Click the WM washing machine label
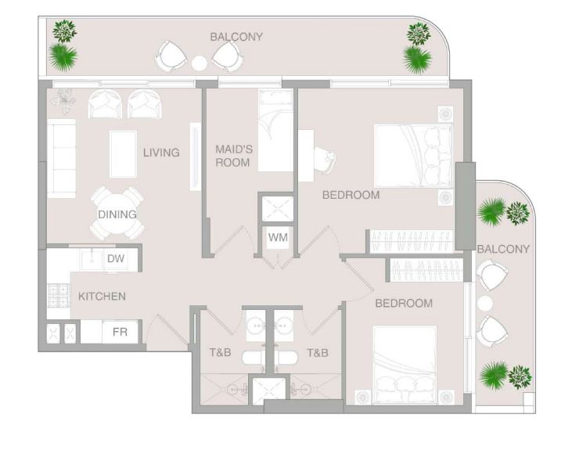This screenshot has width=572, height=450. (278, 238)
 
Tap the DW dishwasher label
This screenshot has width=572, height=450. (116, 258)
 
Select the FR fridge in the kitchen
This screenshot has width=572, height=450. (120, 332)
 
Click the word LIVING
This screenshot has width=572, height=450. (161, 152)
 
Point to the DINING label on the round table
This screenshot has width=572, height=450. (117, 214)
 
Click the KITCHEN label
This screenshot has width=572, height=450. (103, 297)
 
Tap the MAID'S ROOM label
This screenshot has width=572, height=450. (234, 156)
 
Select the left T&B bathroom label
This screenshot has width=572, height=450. (221, 352)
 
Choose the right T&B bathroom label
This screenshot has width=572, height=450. (318, 352)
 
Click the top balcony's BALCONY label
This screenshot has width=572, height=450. (236, 37)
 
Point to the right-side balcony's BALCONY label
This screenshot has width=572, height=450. (503, 250)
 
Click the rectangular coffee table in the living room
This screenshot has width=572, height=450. (123, 154)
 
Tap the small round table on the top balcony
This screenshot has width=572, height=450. (200, 63)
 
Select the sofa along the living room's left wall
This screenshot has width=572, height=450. (61, 158)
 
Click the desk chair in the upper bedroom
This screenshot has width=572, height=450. (325, 160)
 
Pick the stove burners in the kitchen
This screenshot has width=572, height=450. (59, 296)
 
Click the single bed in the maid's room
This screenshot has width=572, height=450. (275, 130)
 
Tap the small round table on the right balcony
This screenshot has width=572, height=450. (485, 304)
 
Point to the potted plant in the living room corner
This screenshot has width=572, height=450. (64, 99)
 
